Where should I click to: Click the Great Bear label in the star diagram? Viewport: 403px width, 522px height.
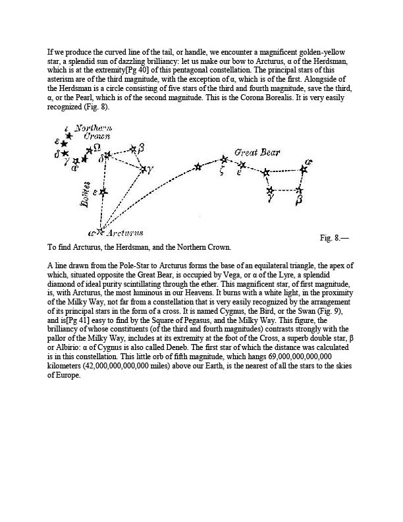[257, 152]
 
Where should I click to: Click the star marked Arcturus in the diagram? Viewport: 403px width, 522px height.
[100, 231]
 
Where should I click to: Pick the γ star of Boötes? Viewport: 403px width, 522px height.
[144, 169]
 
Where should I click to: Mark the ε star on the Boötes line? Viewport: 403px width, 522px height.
[103, 192]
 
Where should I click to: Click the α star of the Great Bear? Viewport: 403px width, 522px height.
[304, 169]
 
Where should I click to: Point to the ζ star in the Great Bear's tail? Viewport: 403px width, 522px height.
[224, 159]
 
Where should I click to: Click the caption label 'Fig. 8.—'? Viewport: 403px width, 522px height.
[334, 237]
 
